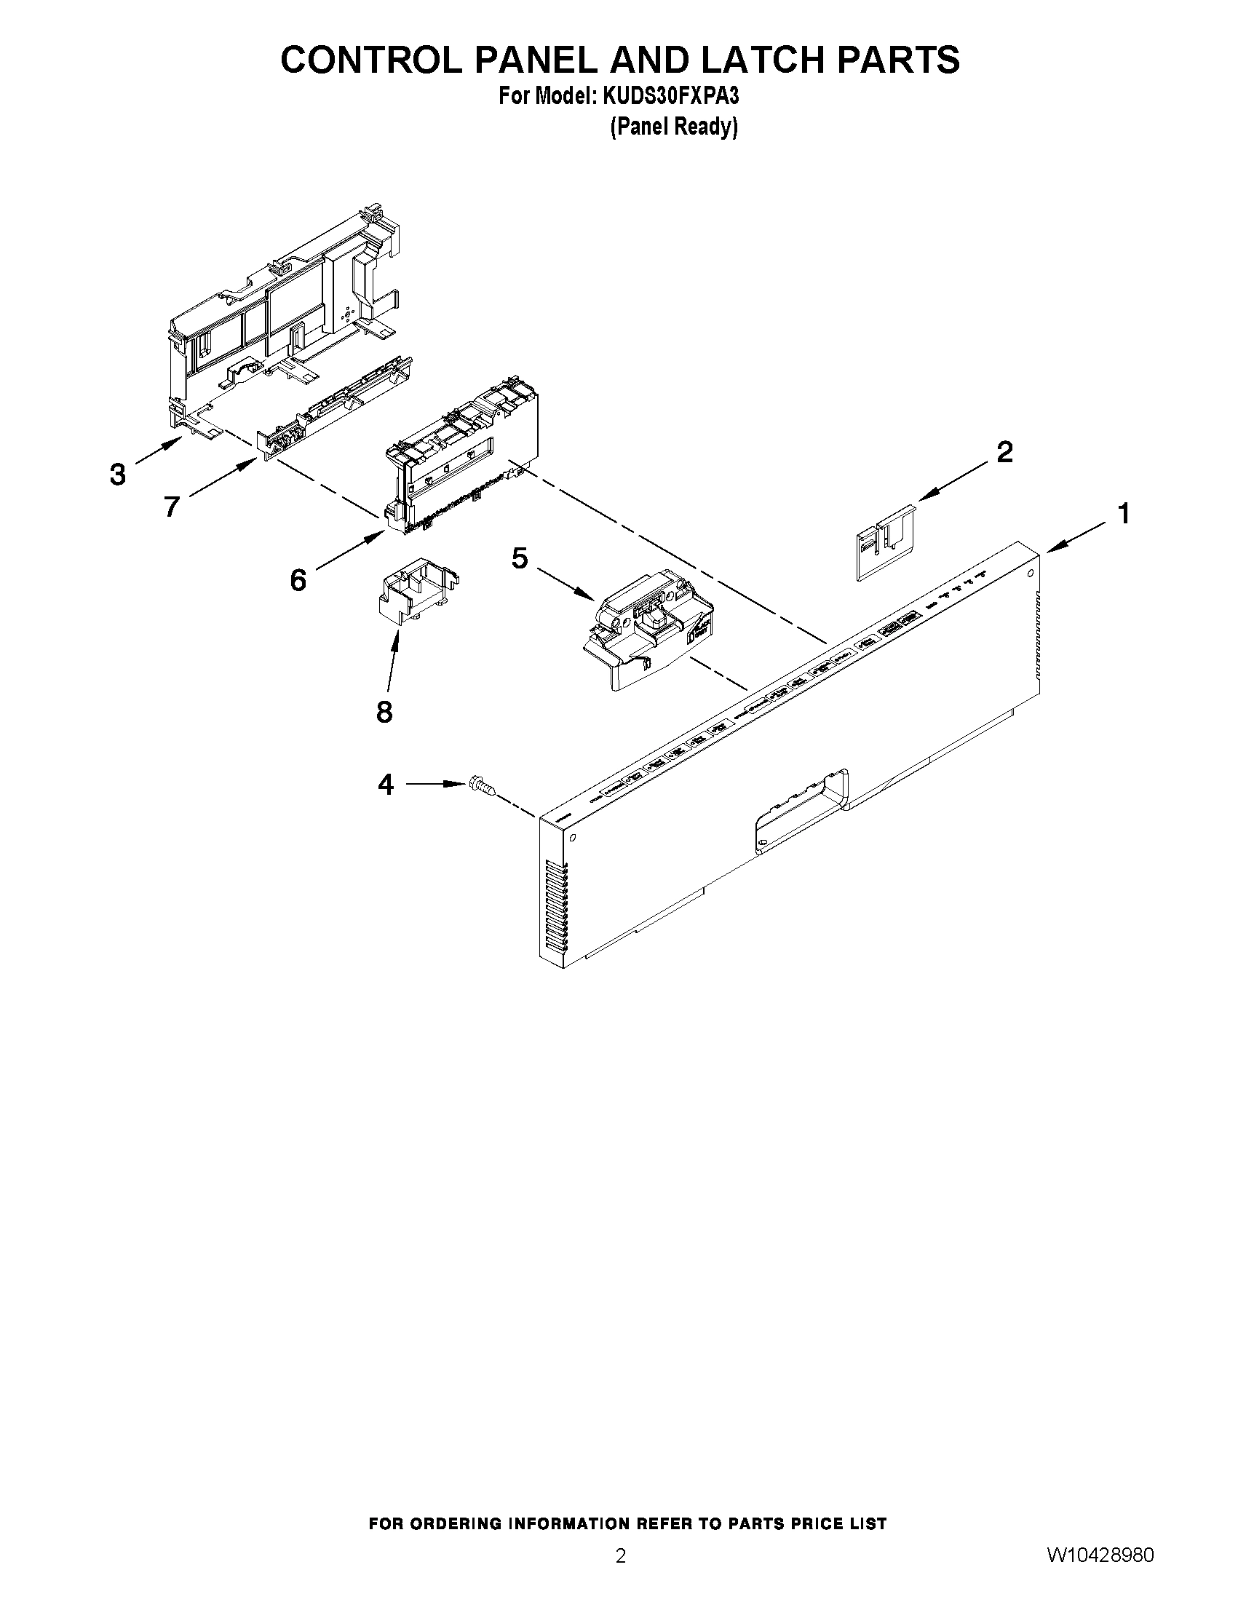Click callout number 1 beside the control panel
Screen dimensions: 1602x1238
coord(1123,513)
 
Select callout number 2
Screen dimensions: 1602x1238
coord(1004,452)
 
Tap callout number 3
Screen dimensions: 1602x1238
coord(117,475)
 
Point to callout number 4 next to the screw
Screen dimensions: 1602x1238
coord(386,785)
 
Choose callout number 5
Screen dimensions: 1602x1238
coord(519,559)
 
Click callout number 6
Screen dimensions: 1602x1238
coord(298,581)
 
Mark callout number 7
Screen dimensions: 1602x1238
coord(172,506)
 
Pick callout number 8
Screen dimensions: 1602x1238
coord(384,712)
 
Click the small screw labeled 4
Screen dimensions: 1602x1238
coord(480,788)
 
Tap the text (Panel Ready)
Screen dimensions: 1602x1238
coord(673,127)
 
